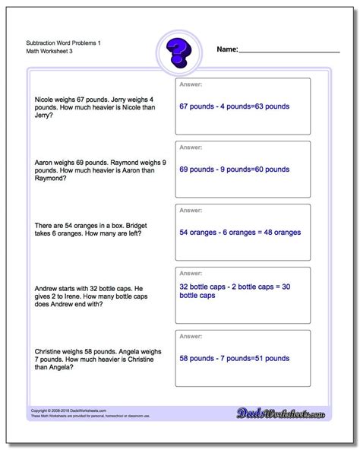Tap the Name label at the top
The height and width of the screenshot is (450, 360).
point(227,49)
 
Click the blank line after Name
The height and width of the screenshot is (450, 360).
point(289,51)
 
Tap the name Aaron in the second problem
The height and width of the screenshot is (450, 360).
point(44,163)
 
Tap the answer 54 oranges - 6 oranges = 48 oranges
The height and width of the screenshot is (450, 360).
point(240,232)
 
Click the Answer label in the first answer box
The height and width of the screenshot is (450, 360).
point(191,84)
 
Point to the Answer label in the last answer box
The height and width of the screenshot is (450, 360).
point(191,337)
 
